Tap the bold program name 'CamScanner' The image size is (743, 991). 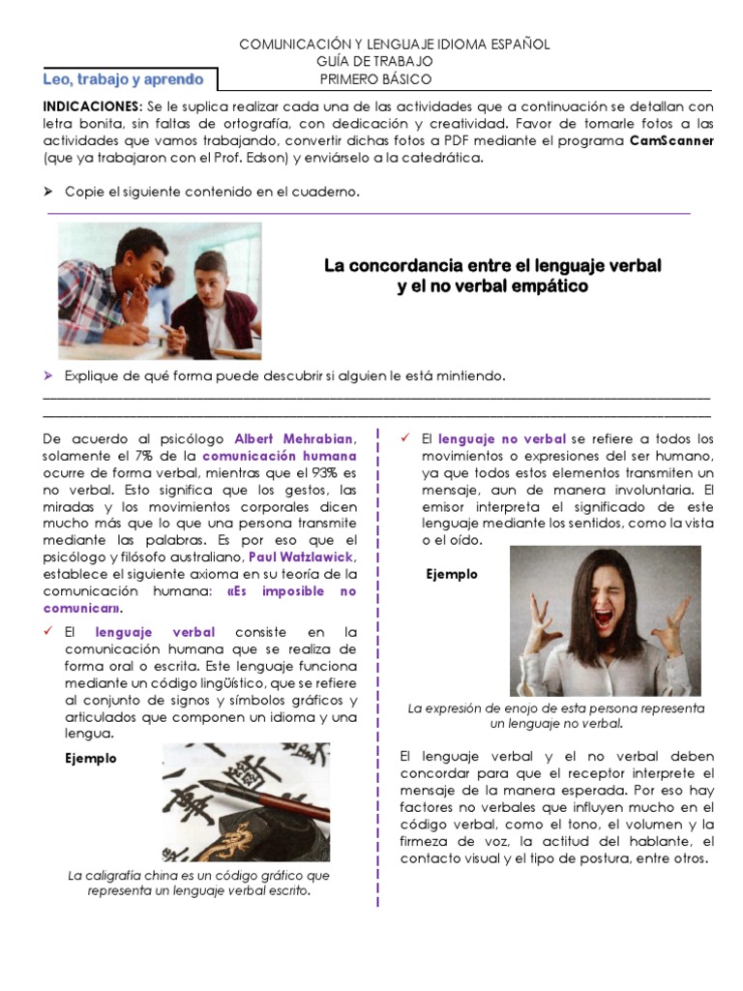click(671, 140)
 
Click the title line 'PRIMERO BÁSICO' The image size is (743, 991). click(376, 78)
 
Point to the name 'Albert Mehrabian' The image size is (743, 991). click(295, 438)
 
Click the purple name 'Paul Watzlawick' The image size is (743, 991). click(303, 556)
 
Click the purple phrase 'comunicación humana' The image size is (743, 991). click(280, 455)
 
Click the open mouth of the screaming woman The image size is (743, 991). click(603, 617)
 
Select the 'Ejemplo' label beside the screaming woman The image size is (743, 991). click(452, 574)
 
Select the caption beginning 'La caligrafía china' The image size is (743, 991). click(199, 883)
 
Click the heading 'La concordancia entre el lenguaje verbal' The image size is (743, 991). click(492, 265)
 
